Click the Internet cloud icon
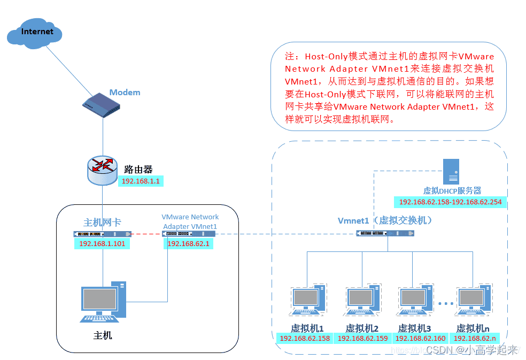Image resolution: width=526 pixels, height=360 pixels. point(35,33)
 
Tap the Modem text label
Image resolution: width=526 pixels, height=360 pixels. point(125,92)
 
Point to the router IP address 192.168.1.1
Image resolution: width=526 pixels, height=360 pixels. point(141,181)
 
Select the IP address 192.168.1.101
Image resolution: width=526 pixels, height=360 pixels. point(102,244)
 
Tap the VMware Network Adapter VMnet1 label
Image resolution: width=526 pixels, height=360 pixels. point(190,221)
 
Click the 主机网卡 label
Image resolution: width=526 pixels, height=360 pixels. point(102,223)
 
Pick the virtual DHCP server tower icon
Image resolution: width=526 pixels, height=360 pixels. point(451,171)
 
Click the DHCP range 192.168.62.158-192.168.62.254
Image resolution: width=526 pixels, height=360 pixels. point(451,202)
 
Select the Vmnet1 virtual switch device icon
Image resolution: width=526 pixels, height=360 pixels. point(385,233)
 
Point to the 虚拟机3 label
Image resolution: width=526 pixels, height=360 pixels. point(414,328)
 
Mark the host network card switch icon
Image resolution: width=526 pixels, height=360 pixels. point(102,234)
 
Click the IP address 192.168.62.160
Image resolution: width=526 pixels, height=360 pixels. point(420,338)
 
